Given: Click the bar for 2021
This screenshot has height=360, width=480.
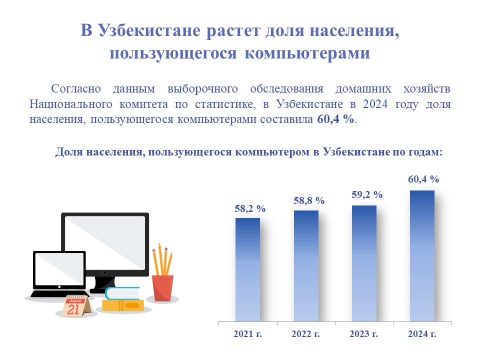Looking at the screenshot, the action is (x=247, y=269).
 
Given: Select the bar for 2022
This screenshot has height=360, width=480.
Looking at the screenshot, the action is (x=306, y=266).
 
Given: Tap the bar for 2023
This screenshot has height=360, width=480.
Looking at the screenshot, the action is (x=364, y=263).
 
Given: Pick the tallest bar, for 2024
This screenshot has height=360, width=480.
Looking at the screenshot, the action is (x=422, y=256).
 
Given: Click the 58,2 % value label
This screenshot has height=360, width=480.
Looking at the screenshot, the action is (x=250, y=209).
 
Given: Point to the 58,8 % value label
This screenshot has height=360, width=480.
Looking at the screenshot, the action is (x=309, y=201).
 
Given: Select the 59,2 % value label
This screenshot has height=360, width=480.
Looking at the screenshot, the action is (x=367, y=194).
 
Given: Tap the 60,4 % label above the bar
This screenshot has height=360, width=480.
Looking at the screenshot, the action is (x=423, y=179).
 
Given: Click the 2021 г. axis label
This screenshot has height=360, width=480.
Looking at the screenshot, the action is (x=247, y=333).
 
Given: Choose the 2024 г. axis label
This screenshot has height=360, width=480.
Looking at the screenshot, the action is (x=422, y=333).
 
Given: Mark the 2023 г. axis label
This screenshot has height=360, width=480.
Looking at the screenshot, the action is (x=363, y=333).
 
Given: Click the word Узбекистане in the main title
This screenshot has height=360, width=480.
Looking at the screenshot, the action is (x=149, y=30).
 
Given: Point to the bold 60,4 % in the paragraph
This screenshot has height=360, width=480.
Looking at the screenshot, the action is (x=336, y=119).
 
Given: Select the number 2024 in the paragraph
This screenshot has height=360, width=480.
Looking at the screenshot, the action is (x=375, y=104).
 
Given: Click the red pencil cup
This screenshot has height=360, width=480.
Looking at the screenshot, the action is (x=162, y=288).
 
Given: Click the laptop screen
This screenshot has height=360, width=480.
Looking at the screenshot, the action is (x=59, y=269).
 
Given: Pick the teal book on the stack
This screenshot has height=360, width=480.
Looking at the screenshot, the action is (x=122, y=293).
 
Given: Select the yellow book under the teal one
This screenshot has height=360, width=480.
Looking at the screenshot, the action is (x=123, y=305).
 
